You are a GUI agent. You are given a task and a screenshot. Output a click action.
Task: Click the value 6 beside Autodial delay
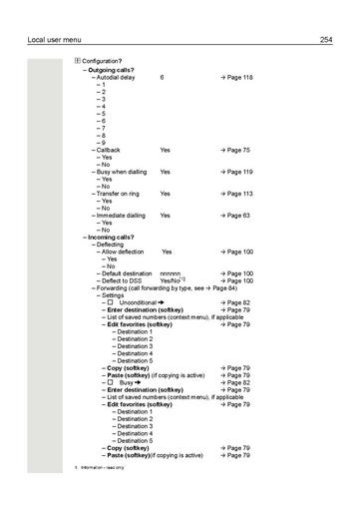point(162,77)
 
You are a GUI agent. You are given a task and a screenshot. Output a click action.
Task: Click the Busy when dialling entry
point(124,172)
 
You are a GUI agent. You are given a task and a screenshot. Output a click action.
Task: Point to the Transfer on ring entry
point(122,194)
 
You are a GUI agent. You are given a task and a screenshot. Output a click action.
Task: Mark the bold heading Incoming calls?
point(111,237)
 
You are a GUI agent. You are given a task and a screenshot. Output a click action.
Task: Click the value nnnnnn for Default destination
point(171,273)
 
